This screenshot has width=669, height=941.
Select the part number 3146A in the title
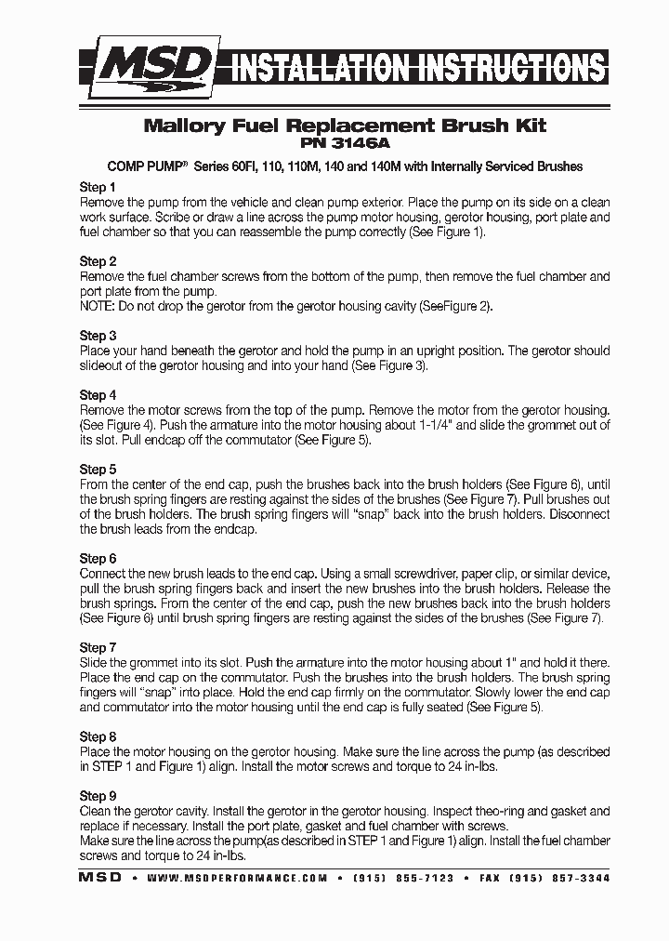[x=361, y=145]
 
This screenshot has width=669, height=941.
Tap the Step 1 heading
[x=98, y=187]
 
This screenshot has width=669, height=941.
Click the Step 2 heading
[x=98, y=261]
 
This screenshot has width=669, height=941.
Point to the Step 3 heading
[x=98, y=336]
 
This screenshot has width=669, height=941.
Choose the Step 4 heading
[x=98, y=395]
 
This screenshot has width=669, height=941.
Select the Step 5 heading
[x=98, y=470]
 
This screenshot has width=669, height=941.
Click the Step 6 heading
[x=98, y=559]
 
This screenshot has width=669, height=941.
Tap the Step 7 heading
[x=98, y=647]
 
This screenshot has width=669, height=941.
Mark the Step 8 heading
[x=98, y=736]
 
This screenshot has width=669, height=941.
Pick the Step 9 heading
[x=98, y=796]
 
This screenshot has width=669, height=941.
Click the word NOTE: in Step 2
[x=99, y=306]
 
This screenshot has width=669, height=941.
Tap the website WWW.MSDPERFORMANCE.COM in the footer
[x=237, y=878]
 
